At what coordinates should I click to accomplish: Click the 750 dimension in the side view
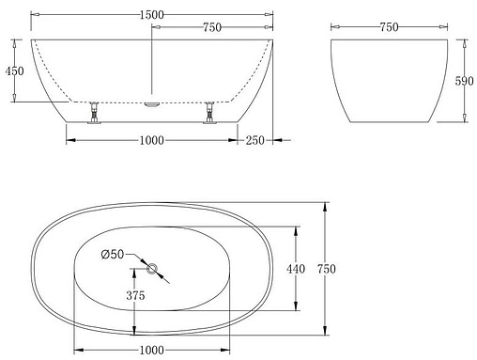tap(211, 28)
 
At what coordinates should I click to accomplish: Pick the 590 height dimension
tap(462, 82)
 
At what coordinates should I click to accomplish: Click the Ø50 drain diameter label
tap(113, 254)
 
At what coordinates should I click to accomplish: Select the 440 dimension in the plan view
tap(296, 270)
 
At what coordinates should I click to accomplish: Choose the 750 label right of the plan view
tap(326, 270)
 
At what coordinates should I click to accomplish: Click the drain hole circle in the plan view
tap(151, 270)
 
